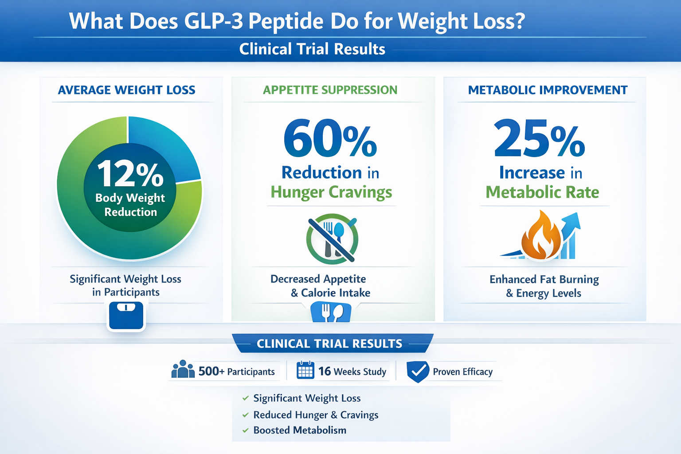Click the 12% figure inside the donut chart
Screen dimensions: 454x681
tap(130, 174)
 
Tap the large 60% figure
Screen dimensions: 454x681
tap(330, 138)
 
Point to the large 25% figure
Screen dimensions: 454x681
tap(540, 138)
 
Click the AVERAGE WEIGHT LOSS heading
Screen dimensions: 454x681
tap(126, 90)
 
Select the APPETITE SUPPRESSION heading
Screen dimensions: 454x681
tap(330, 90)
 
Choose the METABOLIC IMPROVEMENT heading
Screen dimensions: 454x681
tap(548, 90)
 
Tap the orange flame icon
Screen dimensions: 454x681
tap(540, 237)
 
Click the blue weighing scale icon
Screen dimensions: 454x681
tap(126, 316)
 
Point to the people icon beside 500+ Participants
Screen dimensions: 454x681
tap(183, 369)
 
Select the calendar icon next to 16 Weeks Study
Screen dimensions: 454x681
tap(305, 370)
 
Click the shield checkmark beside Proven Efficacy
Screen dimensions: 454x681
tap(417, 371)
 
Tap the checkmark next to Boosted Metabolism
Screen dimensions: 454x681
tap(246, 431)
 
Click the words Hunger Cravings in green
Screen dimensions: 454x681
tap(331, 192)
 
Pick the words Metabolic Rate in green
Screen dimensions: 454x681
tap(542, 192)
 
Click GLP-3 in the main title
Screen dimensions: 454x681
tap(213, 21)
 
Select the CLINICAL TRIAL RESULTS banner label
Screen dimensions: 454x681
tap(329, 344)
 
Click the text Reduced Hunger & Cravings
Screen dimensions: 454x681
tap(316, 415)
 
